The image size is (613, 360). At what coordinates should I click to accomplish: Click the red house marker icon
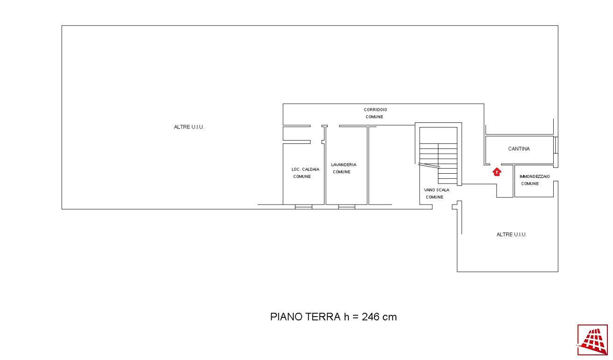click(x=497, y=172)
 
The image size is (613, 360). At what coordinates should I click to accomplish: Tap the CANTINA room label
click(x=519, y=148)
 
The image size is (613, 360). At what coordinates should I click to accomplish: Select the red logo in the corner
click(x=592, y=340)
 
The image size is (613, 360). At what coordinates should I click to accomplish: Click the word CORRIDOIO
click(x=375, y=110)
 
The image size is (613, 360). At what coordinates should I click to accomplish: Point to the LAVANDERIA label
click(x=344, y=164)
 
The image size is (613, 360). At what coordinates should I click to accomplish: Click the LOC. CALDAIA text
click(x=305, y=169)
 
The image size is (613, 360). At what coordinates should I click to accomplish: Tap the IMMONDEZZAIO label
click(x=535, y=176)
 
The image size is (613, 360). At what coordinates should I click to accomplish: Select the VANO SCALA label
click(x=437, y=190)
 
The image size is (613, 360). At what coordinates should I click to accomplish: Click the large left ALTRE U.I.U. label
click(x=189, y=127)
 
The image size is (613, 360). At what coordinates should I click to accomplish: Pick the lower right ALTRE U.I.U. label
click(x=512, y=234)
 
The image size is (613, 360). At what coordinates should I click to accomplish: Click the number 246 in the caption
click(x=371, y=317)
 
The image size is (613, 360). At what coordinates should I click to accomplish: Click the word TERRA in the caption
click(x=323, y=317)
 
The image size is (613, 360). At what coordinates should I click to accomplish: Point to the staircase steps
click(x=438, y=163)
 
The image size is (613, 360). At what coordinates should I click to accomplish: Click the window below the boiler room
click(x=303, y=207)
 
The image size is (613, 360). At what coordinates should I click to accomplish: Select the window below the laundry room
click(x=347, y=207)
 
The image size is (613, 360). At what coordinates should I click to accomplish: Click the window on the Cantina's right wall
click(x=556, y=145)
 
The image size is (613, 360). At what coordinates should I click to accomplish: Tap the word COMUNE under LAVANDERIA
click(x=342, y=172)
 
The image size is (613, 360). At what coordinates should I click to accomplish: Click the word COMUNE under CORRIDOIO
click(x=374, y=117)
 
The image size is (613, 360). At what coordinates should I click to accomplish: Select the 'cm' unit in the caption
click(x=389, y=318)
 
